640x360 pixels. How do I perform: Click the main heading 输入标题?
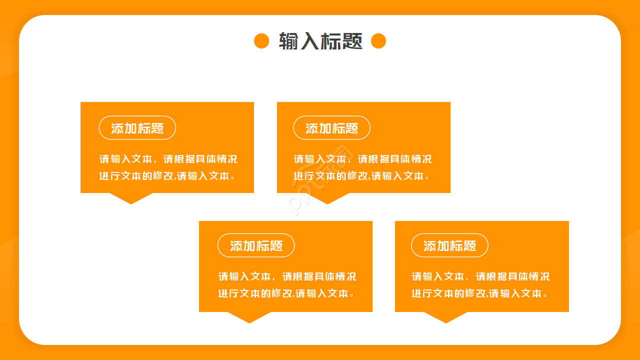coord(320,41)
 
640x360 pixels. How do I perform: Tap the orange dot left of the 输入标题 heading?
coord(261,41)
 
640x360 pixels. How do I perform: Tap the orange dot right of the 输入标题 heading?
coord(378,41)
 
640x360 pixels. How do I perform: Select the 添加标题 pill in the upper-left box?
coord(137,128)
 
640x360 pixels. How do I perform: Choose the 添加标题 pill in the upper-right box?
coord(331,128)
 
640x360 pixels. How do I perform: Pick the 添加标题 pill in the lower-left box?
coord(256,245)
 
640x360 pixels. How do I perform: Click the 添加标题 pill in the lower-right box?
coord(449,245)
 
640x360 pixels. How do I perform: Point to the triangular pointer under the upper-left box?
coord(131,198)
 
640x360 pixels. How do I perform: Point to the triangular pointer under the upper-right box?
coord(327,198)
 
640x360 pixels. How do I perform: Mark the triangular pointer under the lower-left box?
coord(249,317)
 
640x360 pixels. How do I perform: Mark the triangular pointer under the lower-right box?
coord(446,317)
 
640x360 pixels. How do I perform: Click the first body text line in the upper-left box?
coord(168,159)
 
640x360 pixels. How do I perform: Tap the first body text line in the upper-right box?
coord(362,159)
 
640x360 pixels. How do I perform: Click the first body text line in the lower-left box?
coord(287,276)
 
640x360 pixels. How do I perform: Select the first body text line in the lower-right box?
coord(480,276)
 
